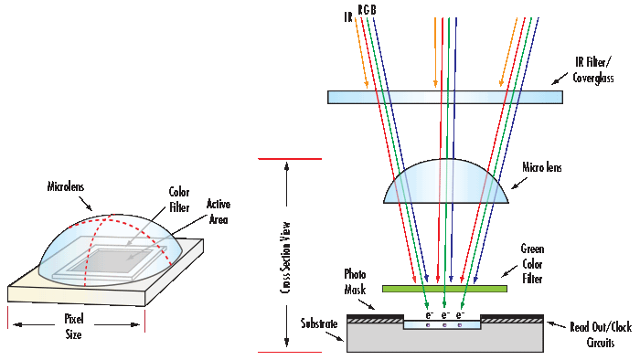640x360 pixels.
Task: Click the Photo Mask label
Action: pos(355,281)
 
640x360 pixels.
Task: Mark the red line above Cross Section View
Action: pos(290,159)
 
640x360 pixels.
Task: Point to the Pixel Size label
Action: pos(74,327)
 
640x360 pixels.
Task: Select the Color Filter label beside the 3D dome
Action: pos(179,198)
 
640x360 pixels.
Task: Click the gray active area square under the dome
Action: pos(123,260)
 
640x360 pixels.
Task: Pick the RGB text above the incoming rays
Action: pos(366,10)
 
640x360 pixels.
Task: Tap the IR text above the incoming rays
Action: pos(347,16)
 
